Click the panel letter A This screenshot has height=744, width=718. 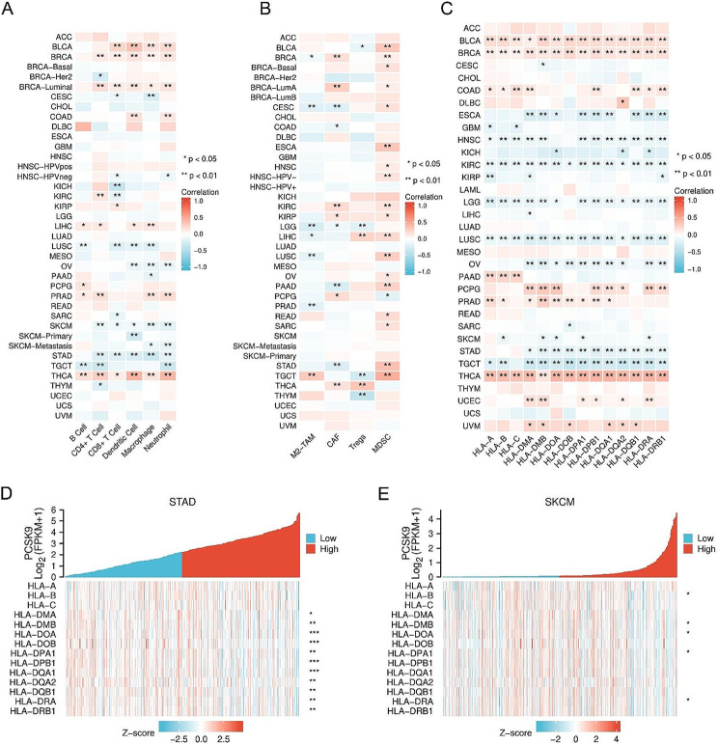[x=10, y=12]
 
